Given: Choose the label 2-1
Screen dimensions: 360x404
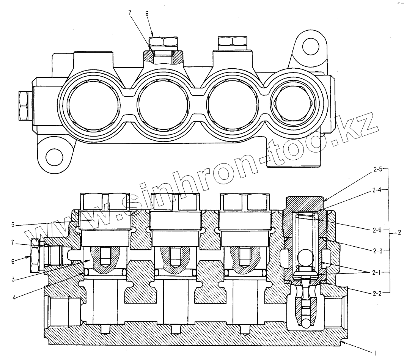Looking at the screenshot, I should click(378, 272).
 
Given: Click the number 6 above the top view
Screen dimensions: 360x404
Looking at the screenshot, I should click(147, 14).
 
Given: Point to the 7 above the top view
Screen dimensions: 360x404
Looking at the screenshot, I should click(130, 14).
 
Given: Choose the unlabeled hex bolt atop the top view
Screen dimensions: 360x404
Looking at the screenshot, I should click(231, 42).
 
